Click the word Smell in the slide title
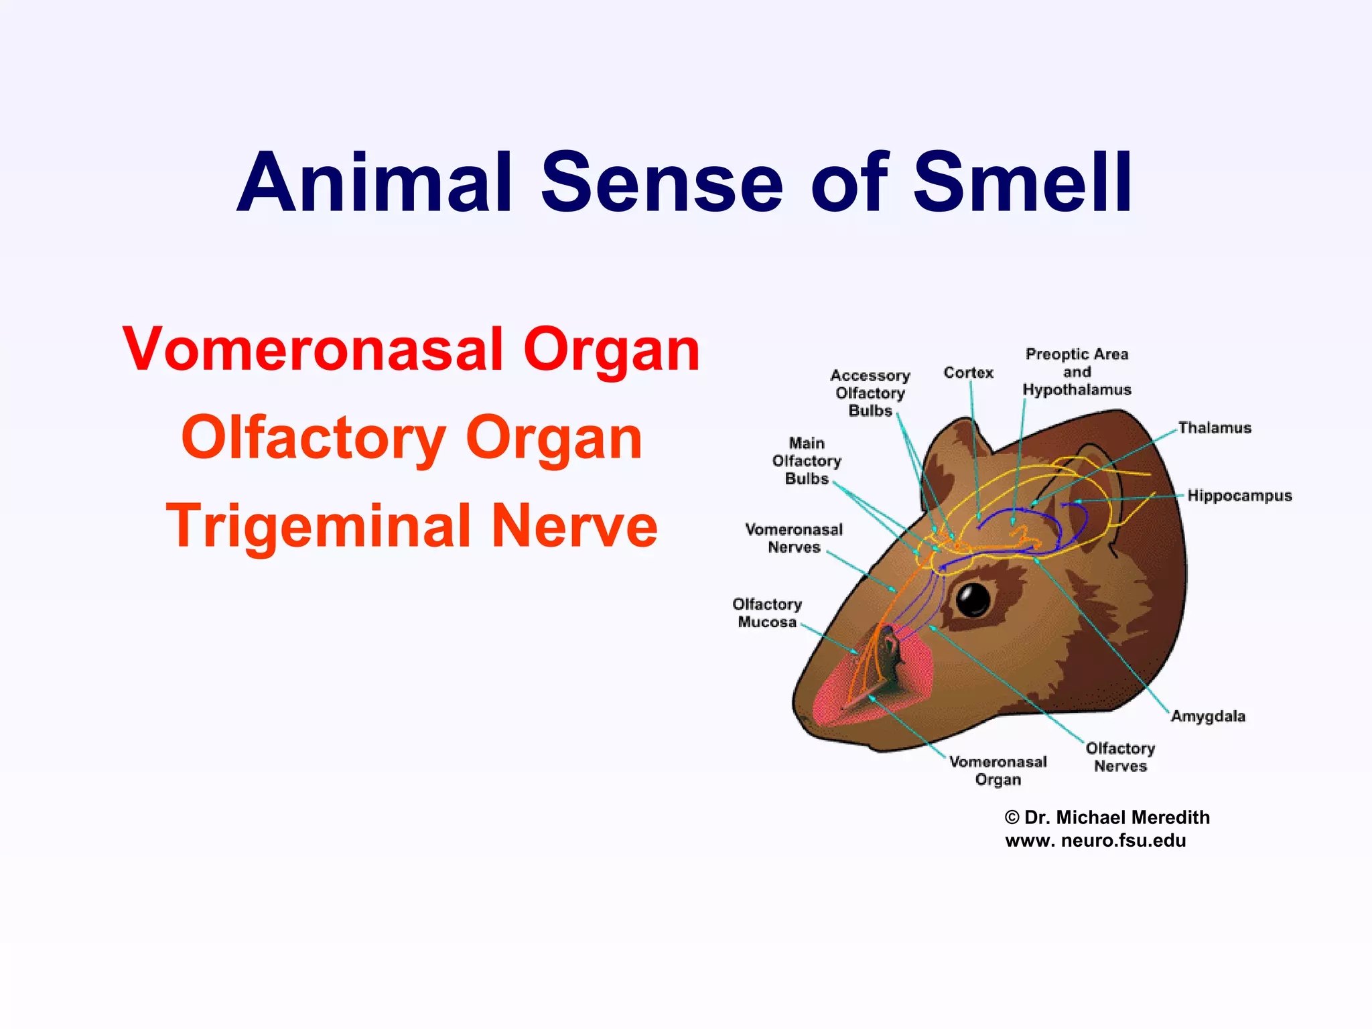pos(1022,182)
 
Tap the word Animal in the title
pos(375,182)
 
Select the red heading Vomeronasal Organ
pos(411,350)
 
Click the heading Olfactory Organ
pos(411,438)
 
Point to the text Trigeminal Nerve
pos(411,527)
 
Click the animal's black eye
pos(973,599)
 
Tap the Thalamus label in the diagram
pos(1215,428)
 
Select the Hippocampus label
pos(1239,496)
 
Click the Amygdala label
pos(1208,716)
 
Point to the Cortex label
pos(968,372)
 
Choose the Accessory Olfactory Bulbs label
pos(870,393)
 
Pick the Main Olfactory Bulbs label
pos(807,461)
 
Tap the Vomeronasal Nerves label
pos(794,539)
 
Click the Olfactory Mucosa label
pos(767,613)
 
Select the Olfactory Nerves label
pos(1120,757)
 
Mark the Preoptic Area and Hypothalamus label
pos(1077,372)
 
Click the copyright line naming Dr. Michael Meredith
pos(1107,817)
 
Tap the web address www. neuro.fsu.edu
pos(1095,841)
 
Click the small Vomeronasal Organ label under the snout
pos(998,770)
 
